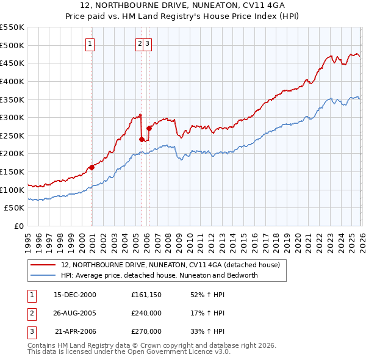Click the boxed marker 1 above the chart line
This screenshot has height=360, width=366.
click(x=90, y=43)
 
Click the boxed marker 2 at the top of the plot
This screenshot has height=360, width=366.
click(x=140, y=43)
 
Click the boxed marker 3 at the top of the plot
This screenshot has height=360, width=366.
click(x=148, y=43)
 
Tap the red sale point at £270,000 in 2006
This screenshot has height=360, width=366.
click(x=149, y=128)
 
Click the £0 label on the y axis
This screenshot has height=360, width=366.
click(x=19, y=226)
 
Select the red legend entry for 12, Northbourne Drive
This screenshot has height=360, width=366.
click(x=170, y=265)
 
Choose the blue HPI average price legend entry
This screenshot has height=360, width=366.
click(x=159, y=275)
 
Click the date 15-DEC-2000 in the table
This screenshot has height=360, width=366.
click(x=75, y=295)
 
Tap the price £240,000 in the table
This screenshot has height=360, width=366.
click(x=146, y=313)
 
